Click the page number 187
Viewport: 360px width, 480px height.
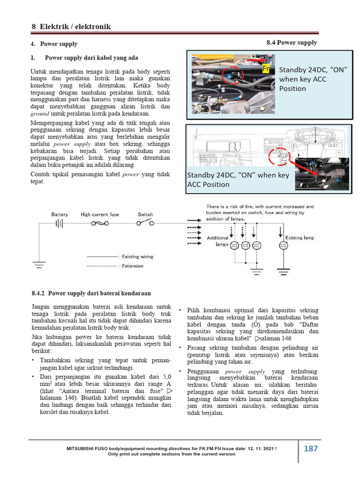click(310, 449)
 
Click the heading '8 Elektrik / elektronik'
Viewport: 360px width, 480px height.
click(71, 27)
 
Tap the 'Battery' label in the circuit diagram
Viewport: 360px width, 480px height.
click(60, 214)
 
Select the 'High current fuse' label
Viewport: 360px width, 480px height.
click(100, 214)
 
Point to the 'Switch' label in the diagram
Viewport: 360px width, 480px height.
click(145, 214)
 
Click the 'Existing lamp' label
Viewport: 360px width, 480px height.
click(300, 238)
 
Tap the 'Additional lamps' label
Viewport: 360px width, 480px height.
click(217, 241)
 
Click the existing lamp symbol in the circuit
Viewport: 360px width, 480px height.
click(282, 245)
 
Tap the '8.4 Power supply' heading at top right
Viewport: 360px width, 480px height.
click(292, 43)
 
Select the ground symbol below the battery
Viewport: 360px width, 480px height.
click(39, 265)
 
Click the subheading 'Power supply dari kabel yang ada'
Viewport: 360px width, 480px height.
click(91, 58)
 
